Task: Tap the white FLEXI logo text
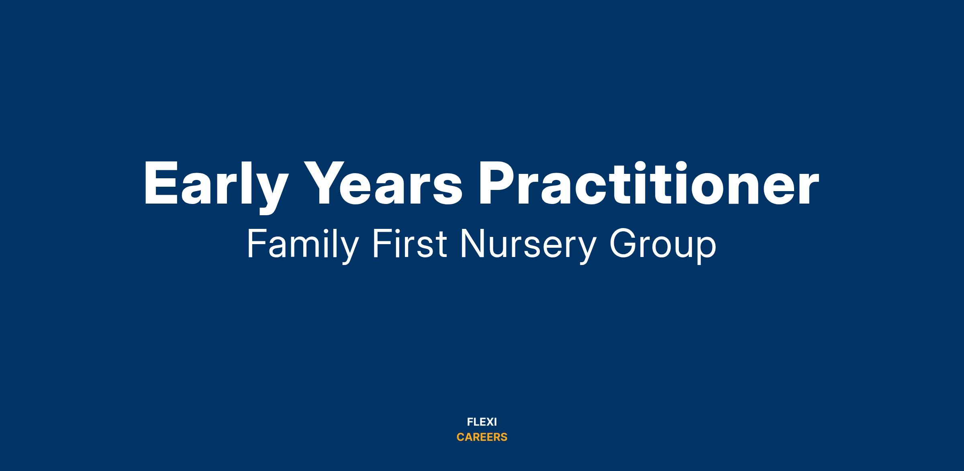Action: [482, 422]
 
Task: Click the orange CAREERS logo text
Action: [482, 437]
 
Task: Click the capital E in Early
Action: [161, 184]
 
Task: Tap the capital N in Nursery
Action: [473, 244]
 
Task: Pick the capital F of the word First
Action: [381, 244]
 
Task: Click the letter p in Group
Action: [706, 251]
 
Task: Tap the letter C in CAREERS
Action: [461, 437]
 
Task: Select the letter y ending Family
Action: [347, 251]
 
